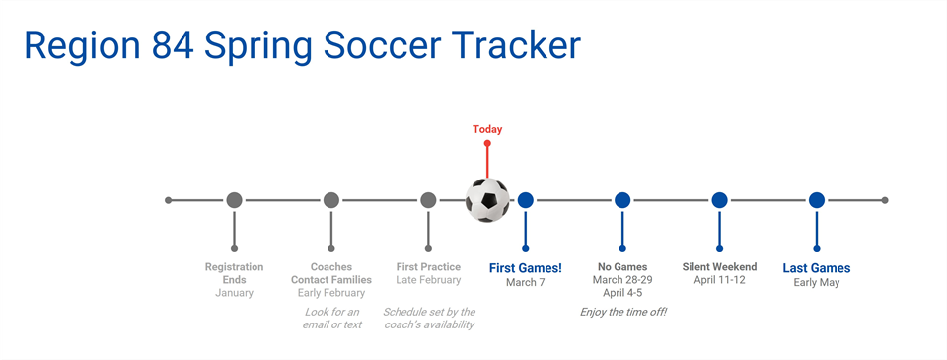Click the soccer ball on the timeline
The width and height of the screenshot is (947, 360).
pos(487,200)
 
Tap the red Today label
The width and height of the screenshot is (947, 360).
pos(487,129)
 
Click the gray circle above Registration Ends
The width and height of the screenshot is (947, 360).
pos(234,200)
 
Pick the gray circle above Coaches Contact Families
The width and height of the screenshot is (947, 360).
pos(331,200)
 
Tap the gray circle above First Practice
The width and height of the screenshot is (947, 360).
pos(428,200)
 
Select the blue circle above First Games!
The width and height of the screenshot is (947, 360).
pos(526,200)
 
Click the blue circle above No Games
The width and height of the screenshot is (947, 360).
pos(622,200)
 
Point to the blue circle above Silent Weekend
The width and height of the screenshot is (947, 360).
pos(719,200)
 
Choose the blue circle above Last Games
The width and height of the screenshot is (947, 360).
pos(817,200)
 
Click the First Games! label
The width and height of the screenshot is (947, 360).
pos(526,268)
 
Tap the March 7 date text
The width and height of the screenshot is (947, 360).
pos(526,283)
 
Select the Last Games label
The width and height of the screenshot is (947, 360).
pos(817,268)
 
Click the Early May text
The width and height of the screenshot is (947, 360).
pos(817,283)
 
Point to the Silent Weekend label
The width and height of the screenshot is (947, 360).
pos(719,267)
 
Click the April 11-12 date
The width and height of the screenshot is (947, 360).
pos(719,280)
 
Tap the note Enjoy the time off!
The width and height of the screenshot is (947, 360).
pos(622,312)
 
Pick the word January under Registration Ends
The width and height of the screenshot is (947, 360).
pos(234,293)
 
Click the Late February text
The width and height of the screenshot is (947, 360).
pos(428,280)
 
